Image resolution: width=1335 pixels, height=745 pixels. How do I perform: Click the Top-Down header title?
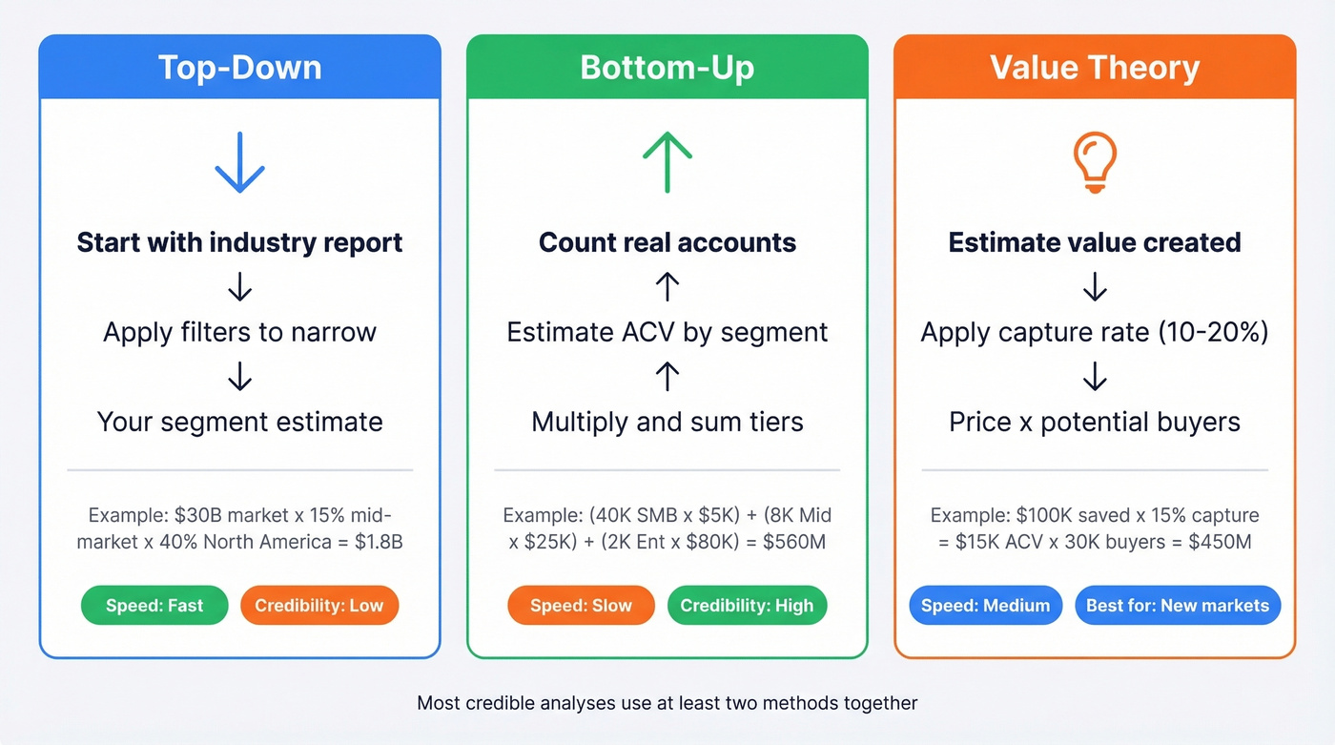pyautogui.click(x=239, y=68)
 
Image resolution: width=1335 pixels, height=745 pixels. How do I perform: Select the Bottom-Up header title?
pyautogui.click(x=667, y=68)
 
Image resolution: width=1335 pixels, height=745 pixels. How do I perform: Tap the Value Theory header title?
pyautogui.click(x=1095, y=68)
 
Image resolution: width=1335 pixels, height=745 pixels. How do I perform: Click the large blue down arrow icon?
pyautogui.click(x=239, y=164)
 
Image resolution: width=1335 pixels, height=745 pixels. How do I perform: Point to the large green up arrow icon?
pyautogui.click(x=667, y=161)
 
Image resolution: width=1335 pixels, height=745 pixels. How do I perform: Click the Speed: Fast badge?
pyautogui.click(x=154, y=606)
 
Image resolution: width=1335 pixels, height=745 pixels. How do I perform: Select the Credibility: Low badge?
pyautogui.click(x=319, y=606)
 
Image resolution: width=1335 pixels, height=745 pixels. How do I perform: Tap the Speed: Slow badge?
pyautogui.click(x=582, y=606)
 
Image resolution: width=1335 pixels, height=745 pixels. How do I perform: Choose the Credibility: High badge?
pyautogui.click(x=747, y=606)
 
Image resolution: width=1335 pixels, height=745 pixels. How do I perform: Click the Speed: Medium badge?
pyautogui.click(x=986, y=606)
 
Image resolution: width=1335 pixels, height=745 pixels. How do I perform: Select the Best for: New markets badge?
pyautogui.click(x=1178, y=606)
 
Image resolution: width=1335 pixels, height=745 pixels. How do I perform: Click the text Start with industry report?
pyautogui.click(x=239, y=242)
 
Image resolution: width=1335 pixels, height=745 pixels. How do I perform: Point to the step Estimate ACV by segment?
pyautogui.click(x=667, y=332)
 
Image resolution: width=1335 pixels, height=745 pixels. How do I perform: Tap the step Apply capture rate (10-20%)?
pyautogui.click(x=1095, y=332)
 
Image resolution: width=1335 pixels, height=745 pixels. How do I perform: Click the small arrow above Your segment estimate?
pyautogui.click(x=239, y=377)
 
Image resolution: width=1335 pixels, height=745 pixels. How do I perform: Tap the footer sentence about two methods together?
pyautogui.click(x=667, y=703)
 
